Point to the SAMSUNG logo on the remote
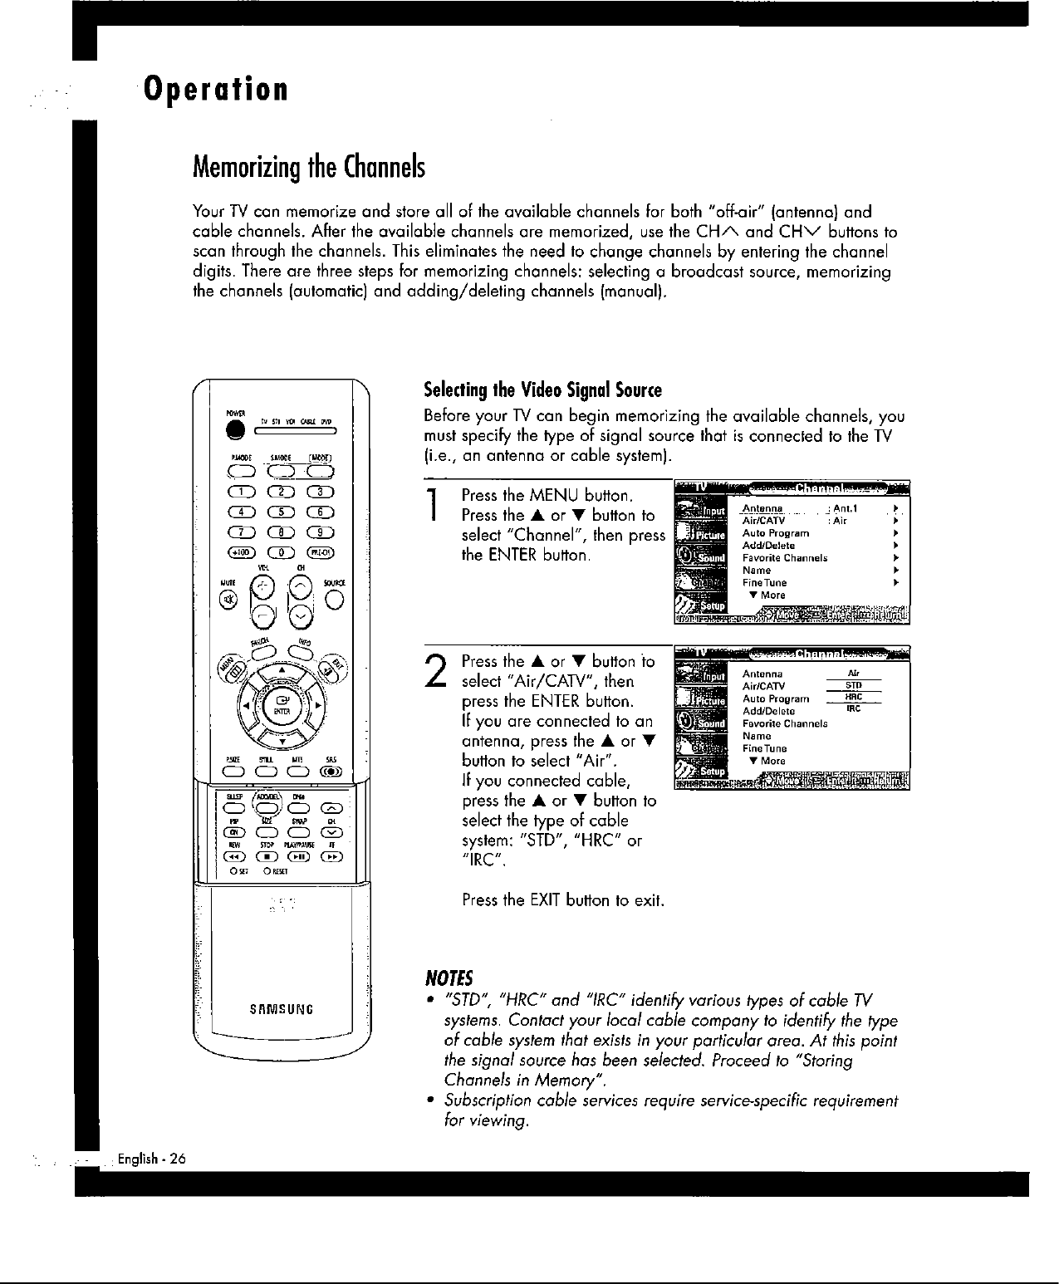(280, 1010)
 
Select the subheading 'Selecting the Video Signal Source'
(542, 390)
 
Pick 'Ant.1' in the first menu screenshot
(846, 508)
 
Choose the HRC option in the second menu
(853, 698)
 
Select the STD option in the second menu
(853, 686)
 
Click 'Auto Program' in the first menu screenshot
(775, 533)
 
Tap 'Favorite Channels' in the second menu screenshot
(784, 723)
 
